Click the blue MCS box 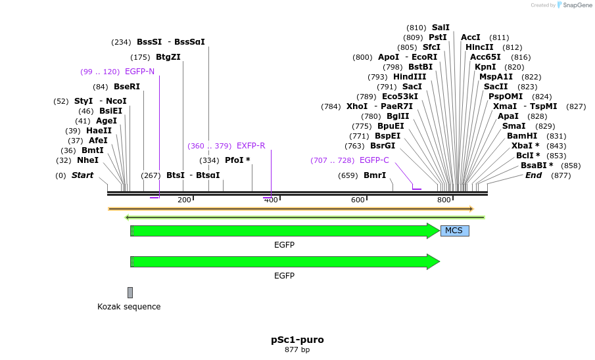point(454,231)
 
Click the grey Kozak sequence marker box point(130,292)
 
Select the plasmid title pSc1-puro point(297,340)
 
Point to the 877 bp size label point(297,350)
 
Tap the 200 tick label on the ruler point(184,200)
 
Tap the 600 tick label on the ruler point(358,200)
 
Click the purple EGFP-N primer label point(139,72)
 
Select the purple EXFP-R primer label point(250,146)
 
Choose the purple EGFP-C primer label point(374,160)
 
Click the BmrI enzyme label point(375,175)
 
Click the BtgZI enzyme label point(168,57)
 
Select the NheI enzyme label point(87,160)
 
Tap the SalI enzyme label point(440,28)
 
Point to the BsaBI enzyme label point(536,166)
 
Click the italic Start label point(82,175)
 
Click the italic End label point(533,175)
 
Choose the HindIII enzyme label point(410,77)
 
